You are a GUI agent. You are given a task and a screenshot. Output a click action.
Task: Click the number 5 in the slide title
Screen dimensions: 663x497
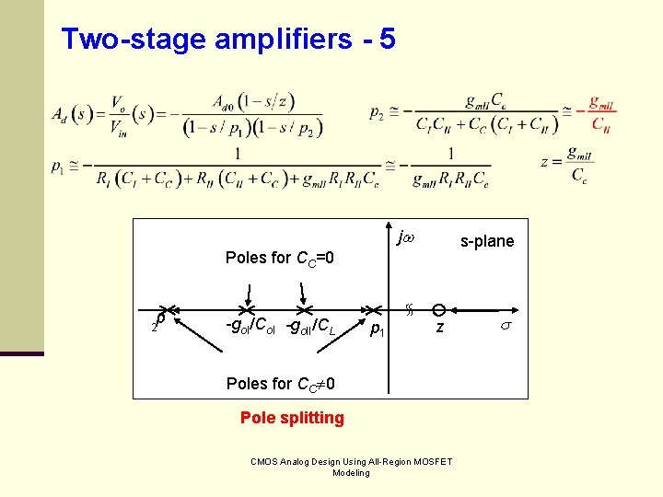pyautogui.click(x=386, y=39)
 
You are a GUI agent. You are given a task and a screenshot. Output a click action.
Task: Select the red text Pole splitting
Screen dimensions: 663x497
pyautogui.click(x=292, y=418)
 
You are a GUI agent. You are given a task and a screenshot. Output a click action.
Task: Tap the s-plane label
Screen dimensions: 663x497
pyautogui.click(x=487, y=241)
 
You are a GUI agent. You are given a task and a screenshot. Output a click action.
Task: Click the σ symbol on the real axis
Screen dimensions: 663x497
pyautogui.click(x=504, y=327)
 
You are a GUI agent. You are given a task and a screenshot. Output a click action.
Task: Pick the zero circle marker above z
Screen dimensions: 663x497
pyautogui.click(x=439, y=310)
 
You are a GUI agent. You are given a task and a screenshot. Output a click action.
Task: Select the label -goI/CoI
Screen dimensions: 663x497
pyautogui.click(x=251, y=326)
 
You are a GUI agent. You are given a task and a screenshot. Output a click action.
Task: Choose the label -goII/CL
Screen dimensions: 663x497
pyautogui.click(x=312, y=326)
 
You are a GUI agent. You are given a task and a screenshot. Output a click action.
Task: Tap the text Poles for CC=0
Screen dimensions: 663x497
pyautogui.click(x=279, y=258)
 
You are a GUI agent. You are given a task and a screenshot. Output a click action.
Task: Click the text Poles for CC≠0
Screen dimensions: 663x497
pyautogui.click(x=280, y=383)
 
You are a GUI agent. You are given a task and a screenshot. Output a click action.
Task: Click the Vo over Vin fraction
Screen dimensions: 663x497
pyautogui.click(x=118, y=114)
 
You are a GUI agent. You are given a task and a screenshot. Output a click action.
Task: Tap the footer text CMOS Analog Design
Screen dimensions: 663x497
pyautogui.click(x=350, y=467)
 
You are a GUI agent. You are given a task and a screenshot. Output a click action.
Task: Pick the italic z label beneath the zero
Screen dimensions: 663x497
pyautogui.click(x=440, y=329)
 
